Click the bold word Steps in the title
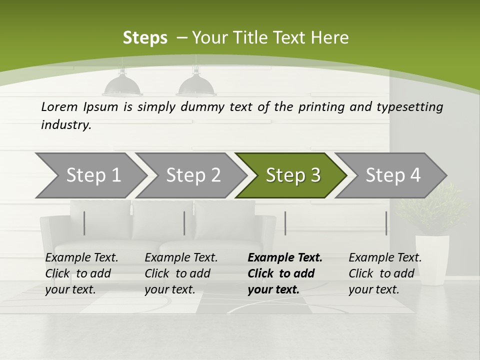point(145,38)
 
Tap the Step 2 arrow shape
point(193,175)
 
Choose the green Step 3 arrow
point(293,175)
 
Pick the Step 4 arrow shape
point(393,175)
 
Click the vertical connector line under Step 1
point(84,223)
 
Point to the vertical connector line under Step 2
point(184,223)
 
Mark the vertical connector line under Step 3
point(285,223)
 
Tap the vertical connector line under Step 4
point(386,223)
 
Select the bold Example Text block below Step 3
point(285,273)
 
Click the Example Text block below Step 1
point(81,273)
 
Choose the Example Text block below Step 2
point(181,273)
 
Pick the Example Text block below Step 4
point(385,273)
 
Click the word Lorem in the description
point(59,106)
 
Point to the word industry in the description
point(66,124)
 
